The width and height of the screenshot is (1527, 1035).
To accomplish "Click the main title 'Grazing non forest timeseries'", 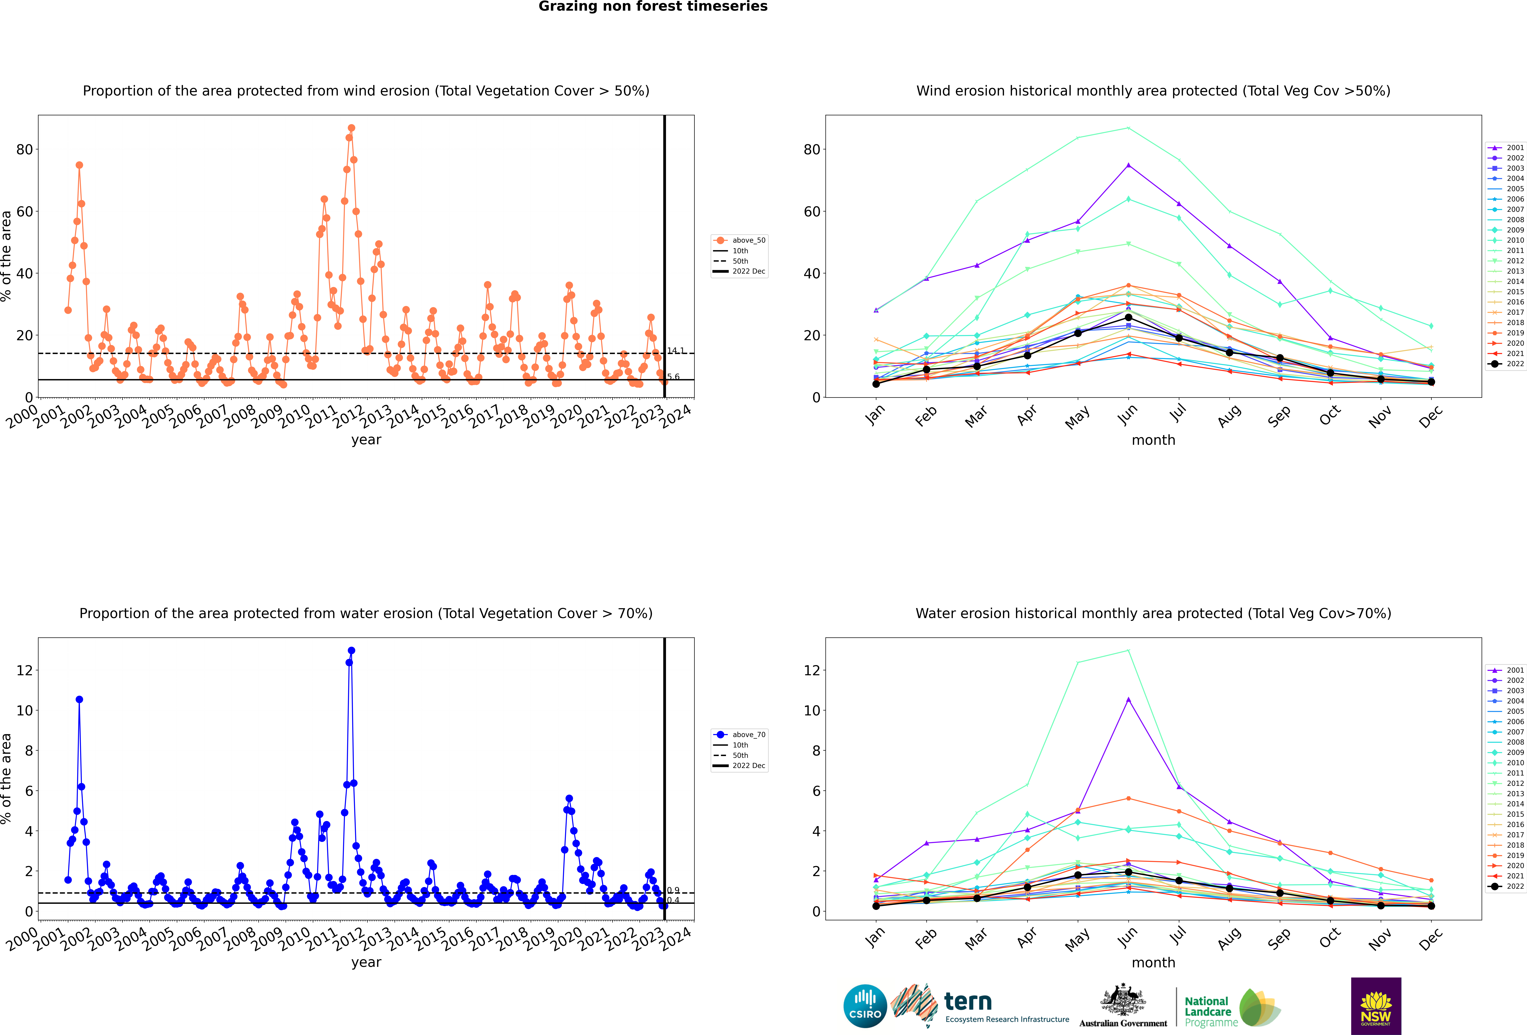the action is tap(652, 7).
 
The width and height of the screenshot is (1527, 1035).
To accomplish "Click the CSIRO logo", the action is tap(865, 1006).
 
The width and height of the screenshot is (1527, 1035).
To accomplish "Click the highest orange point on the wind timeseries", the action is tap(352, 128).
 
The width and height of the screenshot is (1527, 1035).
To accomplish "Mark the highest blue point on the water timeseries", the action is tap(352, 651).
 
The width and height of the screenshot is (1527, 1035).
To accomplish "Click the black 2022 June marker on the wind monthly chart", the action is tap(1128, 317).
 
